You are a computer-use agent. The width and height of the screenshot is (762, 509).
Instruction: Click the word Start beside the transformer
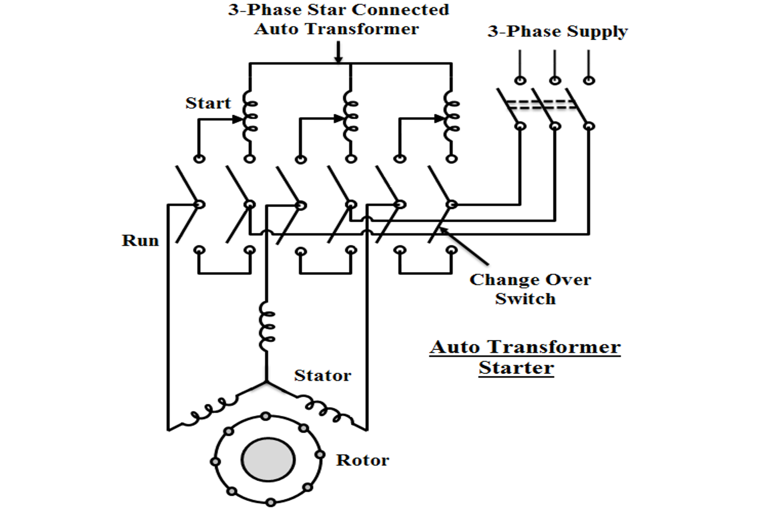(208, 103)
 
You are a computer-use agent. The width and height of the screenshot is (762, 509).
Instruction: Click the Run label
(140, 240)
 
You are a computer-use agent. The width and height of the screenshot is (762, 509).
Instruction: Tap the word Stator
(322, 375)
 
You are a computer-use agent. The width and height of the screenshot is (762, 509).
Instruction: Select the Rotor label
(362, 460)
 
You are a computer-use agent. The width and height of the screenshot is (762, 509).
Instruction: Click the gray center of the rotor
(268, 459)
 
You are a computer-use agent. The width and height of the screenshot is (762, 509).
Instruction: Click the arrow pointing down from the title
(338, 52)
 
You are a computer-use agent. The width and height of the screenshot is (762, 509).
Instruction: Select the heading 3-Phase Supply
(558, 32)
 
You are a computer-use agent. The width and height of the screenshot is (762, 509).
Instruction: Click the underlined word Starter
(516, 368)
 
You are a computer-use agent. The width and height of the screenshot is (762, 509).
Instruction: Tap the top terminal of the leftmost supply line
(520, 80)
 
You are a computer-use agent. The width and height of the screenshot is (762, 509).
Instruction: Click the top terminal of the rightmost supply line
(589, 80)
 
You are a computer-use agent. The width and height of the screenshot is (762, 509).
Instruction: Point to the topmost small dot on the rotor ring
(266, 416)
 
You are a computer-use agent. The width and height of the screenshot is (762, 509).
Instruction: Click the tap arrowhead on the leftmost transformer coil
(238, 120)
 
